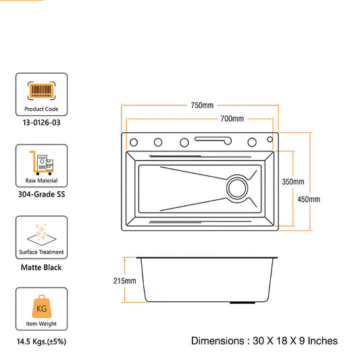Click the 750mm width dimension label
point(202,105)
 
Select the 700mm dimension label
point(232,119)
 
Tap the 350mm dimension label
point(293,182)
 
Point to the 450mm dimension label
point(309,199)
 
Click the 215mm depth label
point(125,280)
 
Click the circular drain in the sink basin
point(237,188)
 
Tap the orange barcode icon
point(42,91)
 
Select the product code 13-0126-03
point(42,123)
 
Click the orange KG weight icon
point(42,306)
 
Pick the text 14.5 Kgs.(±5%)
point(41,341)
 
